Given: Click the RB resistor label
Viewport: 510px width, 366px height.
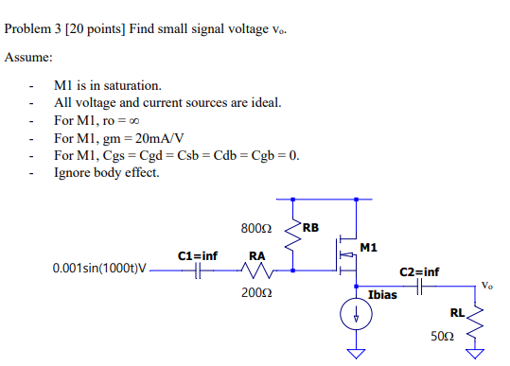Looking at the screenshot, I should pos(311,228).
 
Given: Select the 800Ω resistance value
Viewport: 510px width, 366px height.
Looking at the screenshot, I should pos(257,229).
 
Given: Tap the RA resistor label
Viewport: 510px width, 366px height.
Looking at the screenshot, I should pos(256,255).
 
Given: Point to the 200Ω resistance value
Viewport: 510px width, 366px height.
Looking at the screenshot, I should pos(256,292).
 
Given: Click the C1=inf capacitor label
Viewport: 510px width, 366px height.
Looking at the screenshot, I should pos(198,255).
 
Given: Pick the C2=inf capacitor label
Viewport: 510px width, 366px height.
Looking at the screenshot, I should pos(419,271).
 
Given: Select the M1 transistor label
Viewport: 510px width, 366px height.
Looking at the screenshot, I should pos(369,248).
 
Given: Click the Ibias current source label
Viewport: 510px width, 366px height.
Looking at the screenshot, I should pos(382,296).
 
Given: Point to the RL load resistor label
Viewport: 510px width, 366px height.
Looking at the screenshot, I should pos(457,312).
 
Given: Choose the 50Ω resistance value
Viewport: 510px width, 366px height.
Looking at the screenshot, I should pos(443,335).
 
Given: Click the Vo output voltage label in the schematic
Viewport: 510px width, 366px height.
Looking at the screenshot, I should pos(486,285).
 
